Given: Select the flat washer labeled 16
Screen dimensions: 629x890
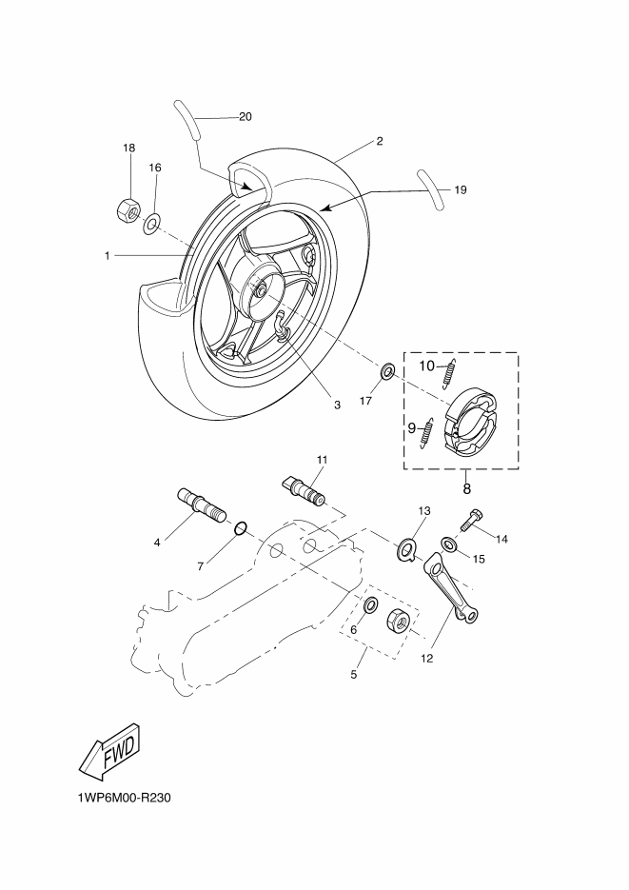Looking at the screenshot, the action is point(151,224).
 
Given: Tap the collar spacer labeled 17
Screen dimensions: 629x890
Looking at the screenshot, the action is point(387,372).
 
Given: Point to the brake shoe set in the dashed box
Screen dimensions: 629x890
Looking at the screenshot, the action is point(471,422).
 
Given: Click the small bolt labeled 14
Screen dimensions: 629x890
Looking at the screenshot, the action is point(469,520).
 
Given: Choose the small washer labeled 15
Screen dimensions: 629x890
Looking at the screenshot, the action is point(449,544).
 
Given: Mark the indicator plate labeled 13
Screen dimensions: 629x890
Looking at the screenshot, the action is point(406,550).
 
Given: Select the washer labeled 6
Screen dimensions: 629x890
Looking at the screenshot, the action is point(370,605).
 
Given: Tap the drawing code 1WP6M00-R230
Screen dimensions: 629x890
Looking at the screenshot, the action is point(125,798).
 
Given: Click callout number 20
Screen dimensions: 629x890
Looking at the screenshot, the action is point(245,117).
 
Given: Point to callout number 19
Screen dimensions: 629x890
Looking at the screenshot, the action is point(461,189).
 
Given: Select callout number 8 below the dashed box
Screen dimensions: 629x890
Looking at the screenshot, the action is point(467,488).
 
